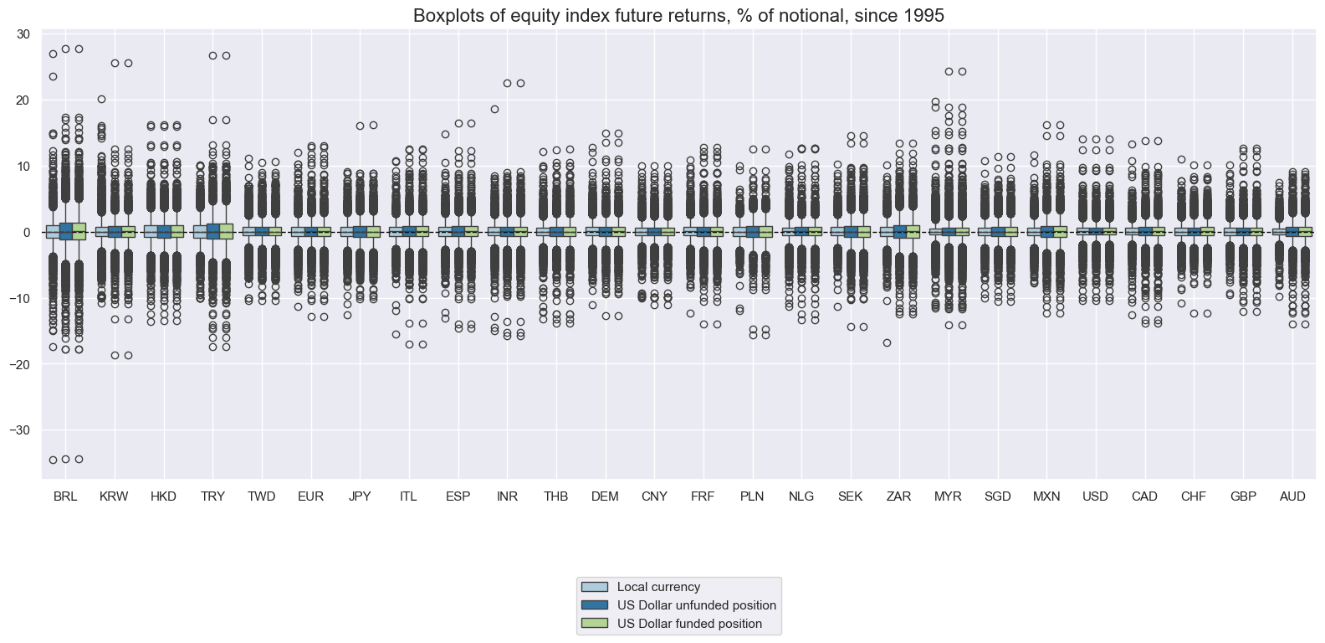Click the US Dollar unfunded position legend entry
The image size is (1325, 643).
pyautogui.click(x=696, y=605)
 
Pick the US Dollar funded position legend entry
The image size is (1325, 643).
pyautogui.click(x=689, y=624)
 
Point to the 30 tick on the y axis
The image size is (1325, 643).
pyautogui.click(x=23, y=34)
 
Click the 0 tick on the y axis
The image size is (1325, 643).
pyautogui.click(x=27, y=232)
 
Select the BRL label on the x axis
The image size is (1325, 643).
pyautogui.click(x=64, y=496)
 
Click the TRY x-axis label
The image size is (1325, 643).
pyautogui.click(x=212, y=496)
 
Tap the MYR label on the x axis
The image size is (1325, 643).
pyautogui.click(x=948, y=496)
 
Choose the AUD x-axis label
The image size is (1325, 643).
pyautogui.click(x=1292, y=496)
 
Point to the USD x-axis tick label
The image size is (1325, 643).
pyautogui.click(x=1095, y=496)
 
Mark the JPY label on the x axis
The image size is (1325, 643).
pyautogui.click(x=360, y=496)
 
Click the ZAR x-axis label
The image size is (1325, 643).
pyautogui.click(x=898, y=496)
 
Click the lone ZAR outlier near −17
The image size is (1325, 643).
pyautogui.click(x=887, y=342)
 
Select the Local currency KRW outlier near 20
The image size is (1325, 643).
pyautogui.click(x=101, y=99)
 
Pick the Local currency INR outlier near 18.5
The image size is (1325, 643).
pyautogui.click(x=494, y=109)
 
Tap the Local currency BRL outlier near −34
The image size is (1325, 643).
pyautogui.click(x=53, y=460)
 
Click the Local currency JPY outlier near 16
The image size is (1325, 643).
pyautogui.click(x=360, y=126)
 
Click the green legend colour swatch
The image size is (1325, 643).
pyautogui.click(x=595, y=624)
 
